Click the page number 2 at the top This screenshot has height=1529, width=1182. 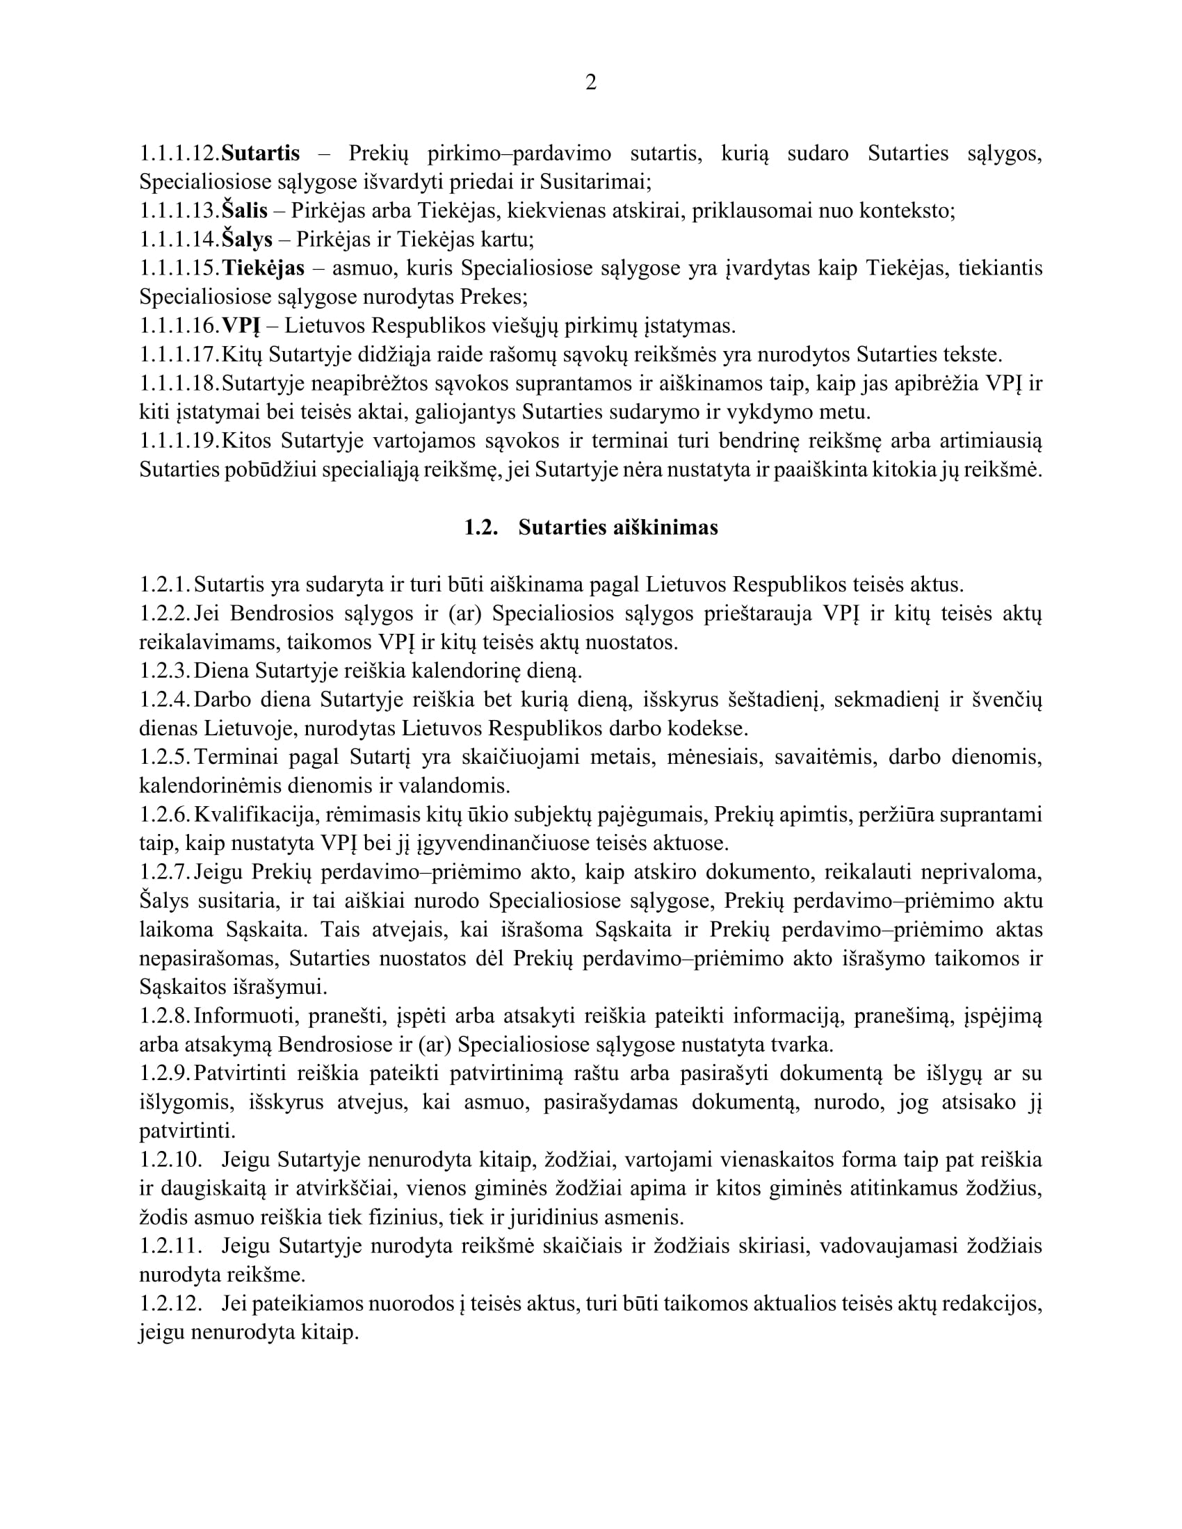point(590,83)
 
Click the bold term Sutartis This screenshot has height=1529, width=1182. point(261,154)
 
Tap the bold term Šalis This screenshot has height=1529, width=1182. point(245,211)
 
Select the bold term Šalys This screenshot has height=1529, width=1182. point(248,240)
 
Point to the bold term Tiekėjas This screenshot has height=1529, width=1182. point(264,268)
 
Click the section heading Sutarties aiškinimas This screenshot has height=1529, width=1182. point(617,528)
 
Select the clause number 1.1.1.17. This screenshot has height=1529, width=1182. point(179,355)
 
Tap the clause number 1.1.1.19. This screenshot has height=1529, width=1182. point(179,441)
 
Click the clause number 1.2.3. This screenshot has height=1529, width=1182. point(165,671)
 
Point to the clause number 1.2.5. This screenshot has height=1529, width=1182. point(165,757)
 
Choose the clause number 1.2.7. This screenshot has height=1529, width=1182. point(165,872)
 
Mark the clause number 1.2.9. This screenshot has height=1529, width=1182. point(165,1073)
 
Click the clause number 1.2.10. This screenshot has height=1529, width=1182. point(170,1160)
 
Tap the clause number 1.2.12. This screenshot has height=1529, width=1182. point(170,1304)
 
